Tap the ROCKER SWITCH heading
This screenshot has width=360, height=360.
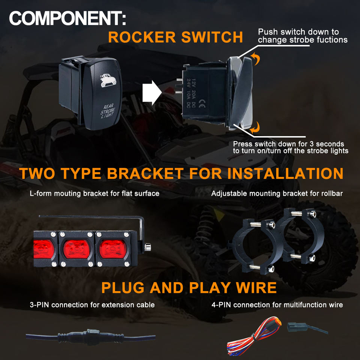(175, 37)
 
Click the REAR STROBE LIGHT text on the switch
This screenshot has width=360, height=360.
(107, 111)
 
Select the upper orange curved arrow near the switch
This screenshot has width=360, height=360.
(255, 58)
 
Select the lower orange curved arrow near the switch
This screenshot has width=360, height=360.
(255, 129)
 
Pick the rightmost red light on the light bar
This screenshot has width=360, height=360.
(112, 248)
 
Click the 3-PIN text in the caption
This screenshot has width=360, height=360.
(39, 305)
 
